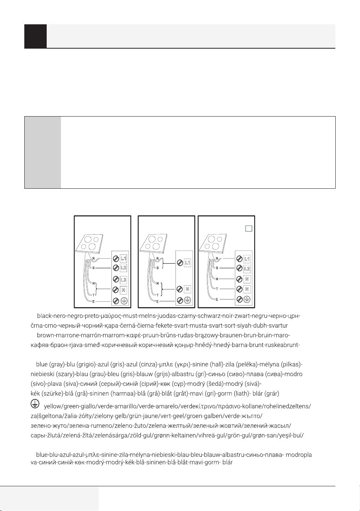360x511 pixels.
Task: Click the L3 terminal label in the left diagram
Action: pos(123,279)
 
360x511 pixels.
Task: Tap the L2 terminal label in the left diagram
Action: pos(123,267)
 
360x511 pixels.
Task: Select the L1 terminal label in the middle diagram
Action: pos(187,262)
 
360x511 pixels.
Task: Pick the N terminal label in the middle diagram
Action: pos(187,289)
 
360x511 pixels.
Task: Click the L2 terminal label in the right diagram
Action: pos(247,269)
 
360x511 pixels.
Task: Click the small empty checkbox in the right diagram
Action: pos(248,228)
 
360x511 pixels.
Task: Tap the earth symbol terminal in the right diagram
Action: pos(247,299)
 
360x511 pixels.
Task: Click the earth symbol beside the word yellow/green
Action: pos(35,404)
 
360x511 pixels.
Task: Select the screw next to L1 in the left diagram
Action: pos(116,259)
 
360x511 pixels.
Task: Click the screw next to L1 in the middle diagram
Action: pos(180,263)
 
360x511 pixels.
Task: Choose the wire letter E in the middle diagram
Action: pos(157,301)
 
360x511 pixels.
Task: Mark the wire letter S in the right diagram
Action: pos(217,268)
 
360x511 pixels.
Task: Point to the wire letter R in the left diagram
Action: pos(93,259)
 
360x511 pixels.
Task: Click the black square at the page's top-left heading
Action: pos(35,36)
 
